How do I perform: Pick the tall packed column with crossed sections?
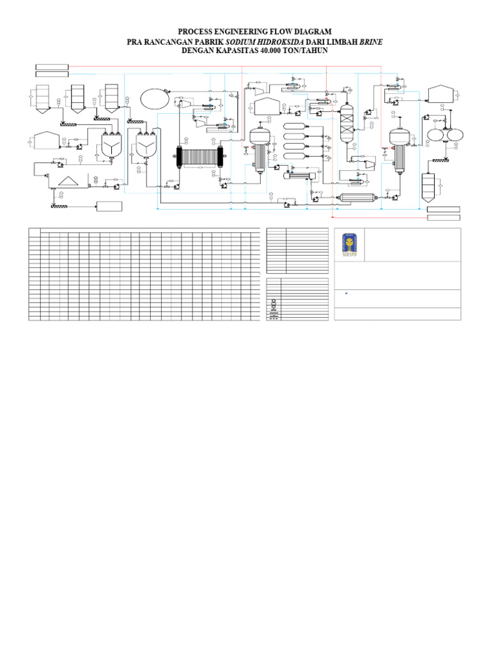pos(347,123)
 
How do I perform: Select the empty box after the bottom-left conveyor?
pos(109,206)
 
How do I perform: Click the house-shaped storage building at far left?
pos(45,139)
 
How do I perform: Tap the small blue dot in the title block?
pos(346,294)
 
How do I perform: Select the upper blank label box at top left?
pos(52,67)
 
